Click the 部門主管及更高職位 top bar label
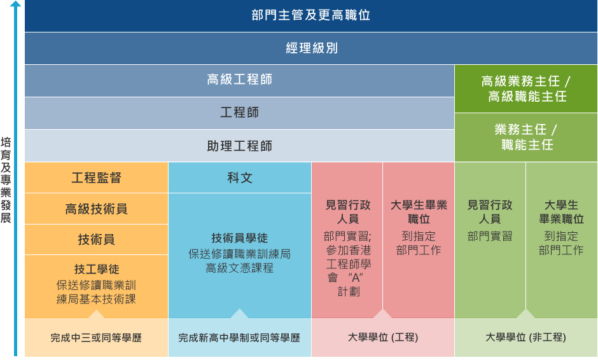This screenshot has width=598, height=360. click(x=311, y=15)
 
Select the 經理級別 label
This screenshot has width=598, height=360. click(x=312, y=48)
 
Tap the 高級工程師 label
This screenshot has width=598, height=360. click(x=239, y=80)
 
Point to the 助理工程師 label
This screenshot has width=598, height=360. click(x=239, y=146)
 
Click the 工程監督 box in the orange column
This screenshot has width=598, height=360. click(x=97, y=177)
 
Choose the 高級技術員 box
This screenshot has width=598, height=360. click(x=97, y=209)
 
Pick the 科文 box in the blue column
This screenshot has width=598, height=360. click(x=240, y=177)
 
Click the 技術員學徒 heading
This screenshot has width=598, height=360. click(x=239, y=238)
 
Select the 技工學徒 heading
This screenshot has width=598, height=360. click(x=97, y=269)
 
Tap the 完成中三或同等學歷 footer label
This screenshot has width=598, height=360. click(x=96, y=338)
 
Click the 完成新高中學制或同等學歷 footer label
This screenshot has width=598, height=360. click(x=239, y=338)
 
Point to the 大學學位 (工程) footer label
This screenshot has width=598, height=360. click(x=383, y=337)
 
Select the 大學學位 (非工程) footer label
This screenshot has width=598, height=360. click(x=525, y=337)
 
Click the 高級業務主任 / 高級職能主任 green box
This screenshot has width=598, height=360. click(x=526, y=88)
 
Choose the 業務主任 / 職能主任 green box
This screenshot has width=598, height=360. click(x=526, y=137)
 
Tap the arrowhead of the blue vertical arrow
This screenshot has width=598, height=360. click(x=15, y=4)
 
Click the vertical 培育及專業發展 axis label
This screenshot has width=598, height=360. click(x=6, y=180)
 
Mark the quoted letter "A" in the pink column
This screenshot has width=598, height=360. click(x=356, y=277)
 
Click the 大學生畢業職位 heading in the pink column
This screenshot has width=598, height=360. click(x=419, y=212)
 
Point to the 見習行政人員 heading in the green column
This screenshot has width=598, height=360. click(x=490, y=212)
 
